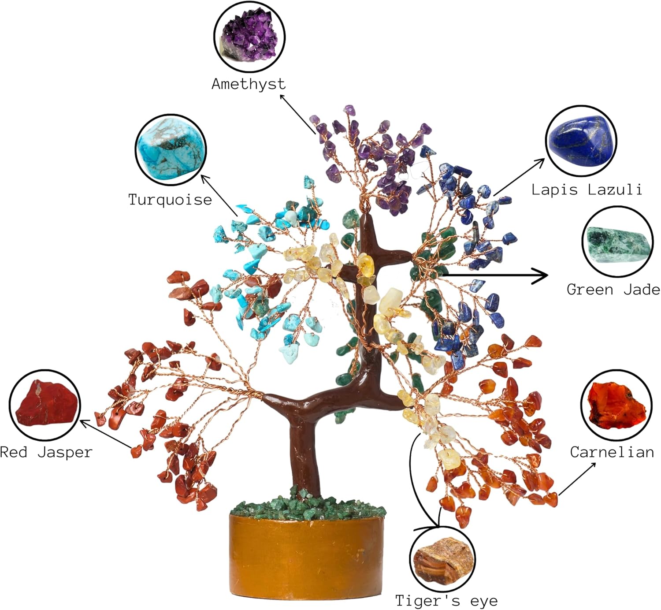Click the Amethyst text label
click(249, 84)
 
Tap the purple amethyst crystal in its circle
click(249, 38)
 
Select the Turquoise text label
click(170, 200)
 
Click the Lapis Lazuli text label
click(587, 190)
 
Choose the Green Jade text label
click(613, 290)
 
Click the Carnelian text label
click(612, 452)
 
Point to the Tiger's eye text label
click(446, 600)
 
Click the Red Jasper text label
click(46, 452)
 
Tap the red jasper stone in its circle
click(45, 405)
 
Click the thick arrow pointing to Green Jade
click(496, 276)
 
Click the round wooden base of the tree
click(306, 555)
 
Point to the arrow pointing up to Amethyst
click(297, 114)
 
